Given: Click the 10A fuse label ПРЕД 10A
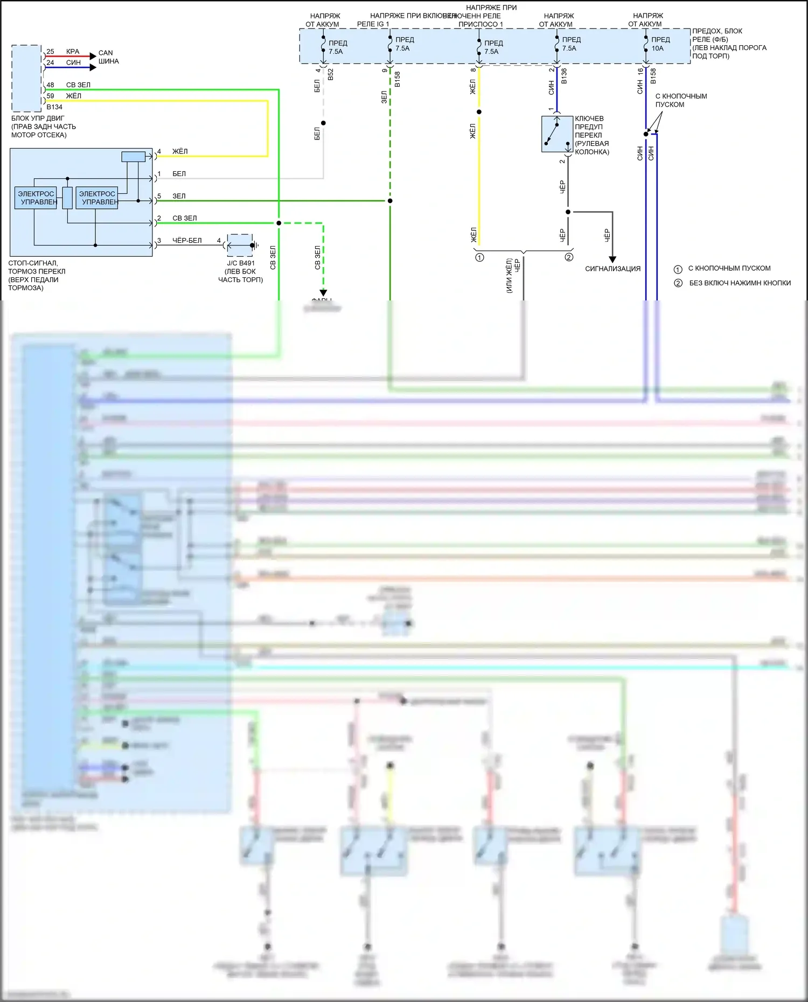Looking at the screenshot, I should click(x=660, y=44).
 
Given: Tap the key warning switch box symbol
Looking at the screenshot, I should click(x=557, y=134).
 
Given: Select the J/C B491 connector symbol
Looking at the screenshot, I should click(x=240, y=246).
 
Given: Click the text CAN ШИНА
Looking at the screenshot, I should click(x=108, y=57).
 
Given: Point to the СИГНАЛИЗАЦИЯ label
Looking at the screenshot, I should click(x=612, y=269).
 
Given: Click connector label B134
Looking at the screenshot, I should click(x=54, y=107).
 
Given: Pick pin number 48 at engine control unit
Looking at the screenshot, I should click(x=50, y=85).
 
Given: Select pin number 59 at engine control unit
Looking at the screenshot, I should click(x=50, y=96).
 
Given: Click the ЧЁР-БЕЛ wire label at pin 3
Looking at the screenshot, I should click(x=187, y=241).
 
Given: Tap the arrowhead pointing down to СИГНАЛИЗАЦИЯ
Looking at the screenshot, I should click(x=612, y=260).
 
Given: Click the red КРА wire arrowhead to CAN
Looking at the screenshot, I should click(x=93, y=56).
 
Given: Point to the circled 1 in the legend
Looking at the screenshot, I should click(x=678, y=269).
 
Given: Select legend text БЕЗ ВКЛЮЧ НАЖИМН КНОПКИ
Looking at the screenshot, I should click(x=740, y=283).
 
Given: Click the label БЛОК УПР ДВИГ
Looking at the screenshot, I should click(x=38, y=118).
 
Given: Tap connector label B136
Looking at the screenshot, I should click(x=564, y=76).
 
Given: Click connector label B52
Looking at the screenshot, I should click(x=331, y=74).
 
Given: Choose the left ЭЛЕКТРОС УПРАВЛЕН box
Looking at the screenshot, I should click(x=36, y=198).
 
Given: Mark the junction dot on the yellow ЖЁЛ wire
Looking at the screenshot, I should click(x=479, y=112).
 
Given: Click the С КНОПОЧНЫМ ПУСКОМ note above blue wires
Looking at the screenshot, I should click(x=681, y=100).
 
